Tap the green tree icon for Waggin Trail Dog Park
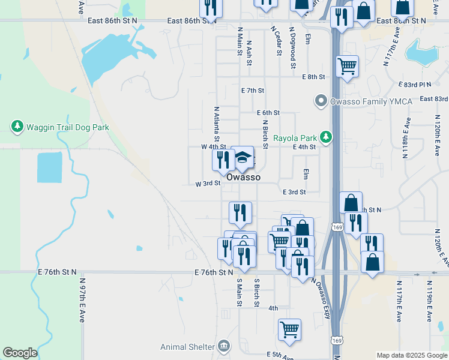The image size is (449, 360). tap(17, 127)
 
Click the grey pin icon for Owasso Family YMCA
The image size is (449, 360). tap(321, 101)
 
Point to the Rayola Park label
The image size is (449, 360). tap(294, 137)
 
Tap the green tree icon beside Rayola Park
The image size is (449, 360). tap(325, 137)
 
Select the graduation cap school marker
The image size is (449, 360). tap(243, 157)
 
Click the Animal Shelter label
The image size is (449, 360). tap(187, 347)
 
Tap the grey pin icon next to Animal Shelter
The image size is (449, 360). tap(224, 346)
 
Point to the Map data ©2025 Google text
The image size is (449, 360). tap(411, 355)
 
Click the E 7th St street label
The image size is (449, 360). tap(253, 91)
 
